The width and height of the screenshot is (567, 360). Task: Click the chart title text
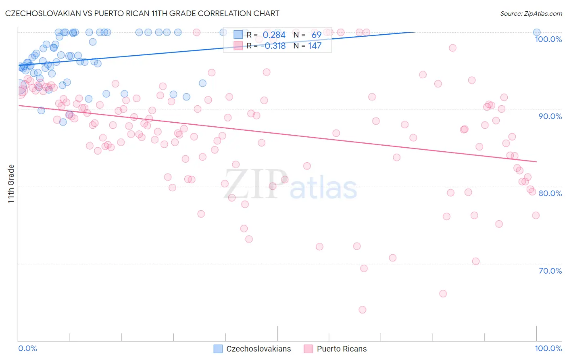(142, 13)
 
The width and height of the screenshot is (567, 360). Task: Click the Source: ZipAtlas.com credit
(531, 13)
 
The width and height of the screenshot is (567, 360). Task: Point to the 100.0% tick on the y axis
(548, 39)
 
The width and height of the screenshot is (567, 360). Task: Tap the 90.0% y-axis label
(550, 116)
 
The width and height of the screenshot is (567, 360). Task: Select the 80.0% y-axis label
(550, 193)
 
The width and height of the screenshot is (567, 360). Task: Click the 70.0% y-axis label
(550, 271)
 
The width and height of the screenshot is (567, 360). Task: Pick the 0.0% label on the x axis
(27, 348)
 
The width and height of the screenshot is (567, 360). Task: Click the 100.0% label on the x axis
(548, 348)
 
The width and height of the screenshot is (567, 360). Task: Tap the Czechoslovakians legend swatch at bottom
(218, 349)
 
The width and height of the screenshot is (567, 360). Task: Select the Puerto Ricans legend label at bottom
(342, 349)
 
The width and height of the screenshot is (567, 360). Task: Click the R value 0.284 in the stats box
(274, 35)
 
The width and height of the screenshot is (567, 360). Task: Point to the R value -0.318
(273, 46)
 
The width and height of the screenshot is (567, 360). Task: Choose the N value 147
(315, 46)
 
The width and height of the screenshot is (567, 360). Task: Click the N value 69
(316, 35)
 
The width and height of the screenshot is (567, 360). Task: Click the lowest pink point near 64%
(362, 310)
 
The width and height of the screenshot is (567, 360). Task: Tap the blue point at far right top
(537, 32)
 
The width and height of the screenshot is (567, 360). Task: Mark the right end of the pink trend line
(537, 162)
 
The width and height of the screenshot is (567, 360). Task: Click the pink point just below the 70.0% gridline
(364, 268)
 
